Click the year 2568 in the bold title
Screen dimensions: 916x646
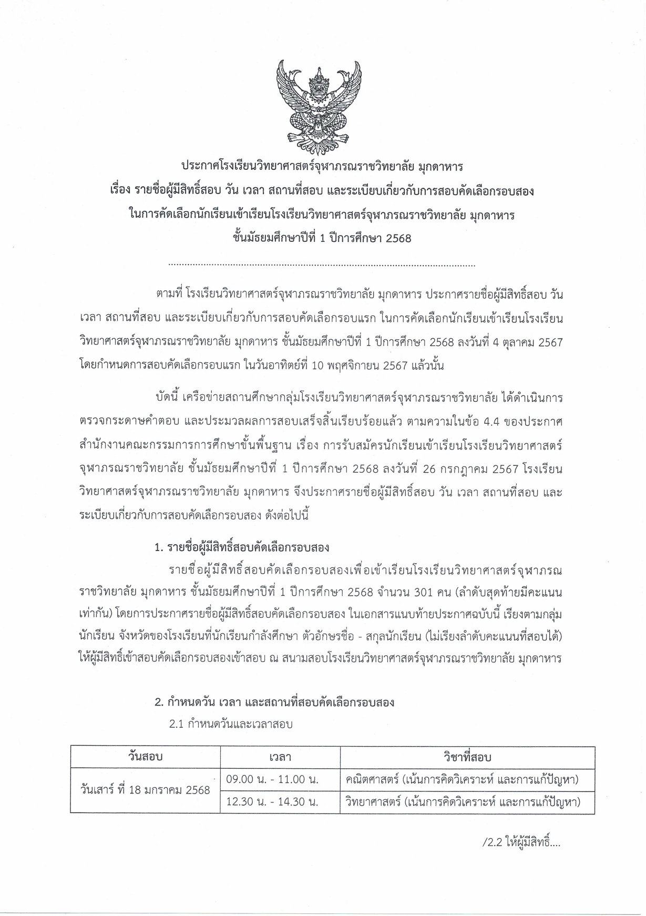click(x=398, y=238)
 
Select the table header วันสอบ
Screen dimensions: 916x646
click(x=145, y=757)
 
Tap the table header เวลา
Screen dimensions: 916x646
click(x=280, y=757)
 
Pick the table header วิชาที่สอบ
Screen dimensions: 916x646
click(x=467, y=757)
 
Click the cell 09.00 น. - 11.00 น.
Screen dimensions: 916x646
click(x=272, y=779)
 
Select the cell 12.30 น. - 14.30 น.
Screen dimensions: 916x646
click(x=272, y=802)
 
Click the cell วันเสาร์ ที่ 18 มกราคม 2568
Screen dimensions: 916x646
click(x=145, y=790)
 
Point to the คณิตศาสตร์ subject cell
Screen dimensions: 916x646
click(x=462, y=779)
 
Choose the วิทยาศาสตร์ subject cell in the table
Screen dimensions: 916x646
click(x=462, y=802)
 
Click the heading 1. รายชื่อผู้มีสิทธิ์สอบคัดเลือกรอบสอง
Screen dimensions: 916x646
click(x=242, y=547)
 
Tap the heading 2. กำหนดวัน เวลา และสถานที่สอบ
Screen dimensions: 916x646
click(x=274, y=702)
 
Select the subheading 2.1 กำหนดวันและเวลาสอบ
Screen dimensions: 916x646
click(x=231, y=724)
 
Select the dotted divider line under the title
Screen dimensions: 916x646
click(x=322, y=266)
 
